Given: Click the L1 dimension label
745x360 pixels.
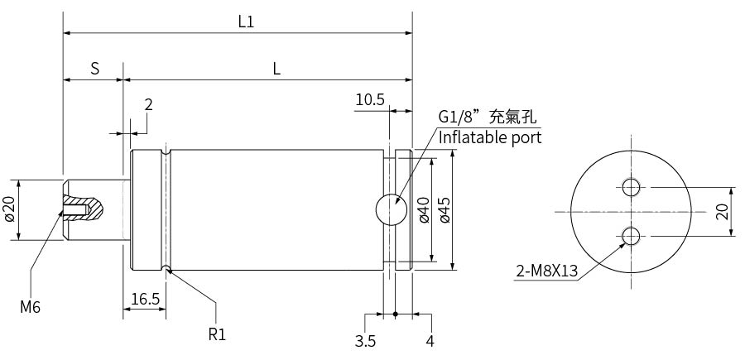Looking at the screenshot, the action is [x=246, y=22].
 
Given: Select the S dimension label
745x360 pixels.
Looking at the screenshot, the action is [x=95, y=69].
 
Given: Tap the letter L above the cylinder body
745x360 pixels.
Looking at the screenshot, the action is [x=276, y=70].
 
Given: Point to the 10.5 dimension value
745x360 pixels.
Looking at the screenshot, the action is [x=370, y=100].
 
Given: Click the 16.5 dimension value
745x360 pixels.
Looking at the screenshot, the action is [x=146, y=300].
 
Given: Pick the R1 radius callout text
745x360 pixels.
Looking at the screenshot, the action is [x=217, y=335].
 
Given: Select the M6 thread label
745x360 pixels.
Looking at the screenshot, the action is [x=30, y=308].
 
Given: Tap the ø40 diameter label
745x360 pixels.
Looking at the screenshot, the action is [x=425, y=210].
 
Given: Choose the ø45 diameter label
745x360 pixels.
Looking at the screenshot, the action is [x=445, y=210].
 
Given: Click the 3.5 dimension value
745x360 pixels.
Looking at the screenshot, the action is [x=365, y=341].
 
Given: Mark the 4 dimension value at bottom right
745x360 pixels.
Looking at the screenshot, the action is [x=430, y=341].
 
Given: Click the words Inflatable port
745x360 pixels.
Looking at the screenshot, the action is [x=490, y=137].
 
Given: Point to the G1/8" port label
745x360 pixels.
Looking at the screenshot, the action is [x=459, y=118].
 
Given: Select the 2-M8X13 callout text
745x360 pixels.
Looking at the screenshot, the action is [x=547, y=271].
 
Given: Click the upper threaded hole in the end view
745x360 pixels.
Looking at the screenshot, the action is [x=631, y=187].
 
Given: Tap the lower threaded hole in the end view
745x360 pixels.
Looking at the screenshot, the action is [x=631, y=236].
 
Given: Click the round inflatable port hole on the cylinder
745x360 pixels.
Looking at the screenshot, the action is [x=392, y=209].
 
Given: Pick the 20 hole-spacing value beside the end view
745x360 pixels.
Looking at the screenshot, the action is [x=722, y=212].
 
